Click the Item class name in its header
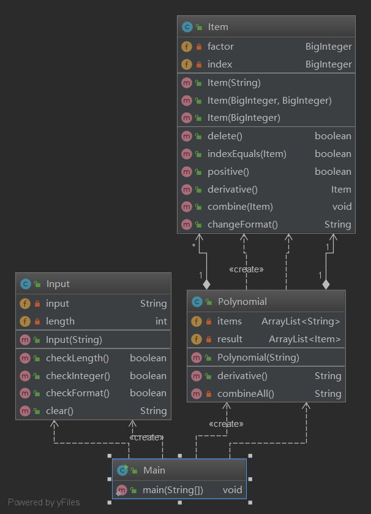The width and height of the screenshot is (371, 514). (x=218, y=27)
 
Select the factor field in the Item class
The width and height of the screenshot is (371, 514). (x=220, y=47)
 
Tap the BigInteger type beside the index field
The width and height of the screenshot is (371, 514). (x=329, y=64)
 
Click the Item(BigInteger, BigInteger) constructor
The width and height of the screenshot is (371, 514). (x=269, y=101)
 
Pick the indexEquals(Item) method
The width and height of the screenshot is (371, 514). (x=247, y=154)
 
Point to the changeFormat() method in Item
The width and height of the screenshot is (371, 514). (x=242, y=224)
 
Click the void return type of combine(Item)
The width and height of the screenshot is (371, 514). (x=342, y=207)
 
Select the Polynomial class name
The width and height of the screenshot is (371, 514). (x=242, y=302)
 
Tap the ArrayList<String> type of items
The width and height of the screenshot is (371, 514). (x=301, y=321)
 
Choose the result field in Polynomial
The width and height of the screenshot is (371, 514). (x=230, y=339)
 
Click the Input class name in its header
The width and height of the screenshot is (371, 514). (x=58, y=284)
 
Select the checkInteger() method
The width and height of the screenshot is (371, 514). (x=78, y=376)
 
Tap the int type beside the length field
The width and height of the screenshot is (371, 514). (x=161, y=321)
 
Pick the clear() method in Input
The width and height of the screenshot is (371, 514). (x=59, y=411)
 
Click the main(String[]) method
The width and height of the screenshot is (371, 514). (x=173, y=490)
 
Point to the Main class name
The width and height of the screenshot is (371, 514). (x=154, y=470)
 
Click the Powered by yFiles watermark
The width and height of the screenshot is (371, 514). (x=44, y=502)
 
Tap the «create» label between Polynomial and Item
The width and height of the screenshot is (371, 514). (x=246, y=269)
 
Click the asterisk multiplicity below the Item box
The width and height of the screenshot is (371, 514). (x=193, y=245)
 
